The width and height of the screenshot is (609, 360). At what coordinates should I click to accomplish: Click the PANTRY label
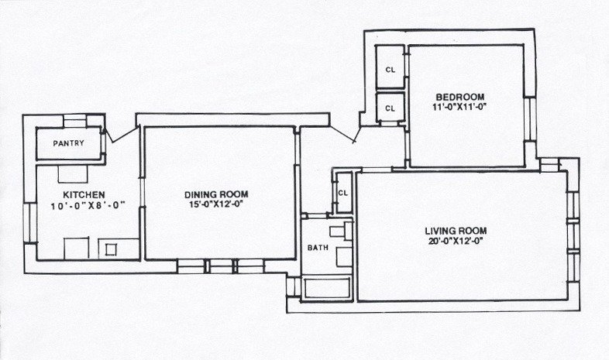pyautogui.click(x=69, y=143)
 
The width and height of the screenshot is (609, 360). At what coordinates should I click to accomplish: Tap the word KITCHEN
pyautogui.click(x=84, y=195)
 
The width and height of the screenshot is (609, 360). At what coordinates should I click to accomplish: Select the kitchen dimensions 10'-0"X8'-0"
pyautogui.click(x=88, y=206)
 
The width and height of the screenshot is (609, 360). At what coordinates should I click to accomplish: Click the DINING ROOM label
pyautogui.click(x=216, y=194)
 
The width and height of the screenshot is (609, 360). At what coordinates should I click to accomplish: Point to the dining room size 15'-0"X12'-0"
pyautogui.click(x=216, y=204)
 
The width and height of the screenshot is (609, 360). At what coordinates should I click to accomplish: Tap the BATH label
pyautogui.click(x=318, y=248)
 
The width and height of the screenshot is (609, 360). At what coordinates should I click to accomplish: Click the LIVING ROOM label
pyautogui.click(x=456, y=231)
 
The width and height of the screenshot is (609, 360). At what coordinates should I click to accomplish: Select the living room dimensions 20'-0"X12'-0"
pyautogui.click(x=456, y=241)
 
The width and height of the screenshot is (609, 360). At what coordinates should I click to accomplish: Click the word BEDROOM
pyautogui.click(x=460, y=97)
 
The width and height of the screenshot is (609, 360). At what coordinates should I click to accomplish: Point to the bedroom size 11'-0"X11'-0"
pyautogui.click(x=460, y=107)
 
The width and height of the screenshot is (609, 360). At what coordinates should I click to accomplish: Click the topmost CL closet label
pyautogui.click(x=390, y=70)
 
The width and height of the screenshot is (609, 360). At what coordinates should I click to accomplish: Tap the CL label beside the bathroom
pyautogui.click(x=342, y=193)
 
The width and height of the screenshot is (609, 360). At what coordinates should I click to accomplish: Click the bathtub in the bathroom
pyautogui.click(x=327, y=289)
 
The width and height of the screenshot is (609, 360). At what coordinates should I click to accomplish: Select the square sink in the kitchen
pyautogui.click(x=111, y=249)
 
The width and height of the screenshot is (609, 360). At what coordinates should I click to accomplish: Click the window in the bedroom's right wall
pyautogui.click(x=529, y=119)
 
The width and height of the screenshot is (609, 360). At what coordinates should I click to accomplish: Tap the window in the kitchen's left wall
pyautogui.click(x=29, y=224)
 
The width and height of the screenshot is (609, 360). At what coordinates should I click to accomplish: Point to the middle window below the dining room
pyautogui.click(x=221, y=266)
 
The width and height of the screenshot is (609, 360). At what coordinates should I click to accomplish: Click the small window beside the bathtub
pyautogui.click(x=293, y=286)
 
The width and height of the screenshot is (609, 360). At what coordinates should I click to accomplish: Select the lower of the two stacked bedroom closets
pyautogui.click(x=391, y=107)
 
